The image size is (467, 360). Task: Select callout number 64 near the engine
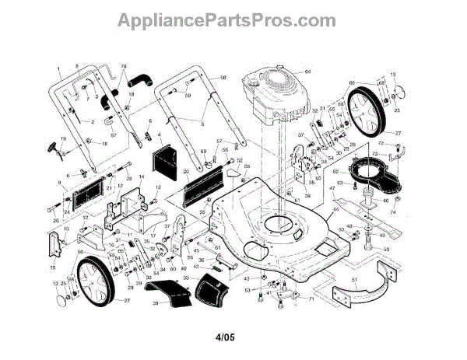tap(307, 72)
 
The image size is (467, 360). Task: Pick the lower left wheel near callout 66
tap(100, 279)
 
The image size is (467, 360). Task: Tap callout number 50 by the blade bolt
tap(385, 250)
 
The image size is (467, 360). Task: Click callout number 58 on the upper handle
tap(223, 78)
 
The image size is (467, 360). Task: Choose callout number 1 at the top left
tap(58, 70)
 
